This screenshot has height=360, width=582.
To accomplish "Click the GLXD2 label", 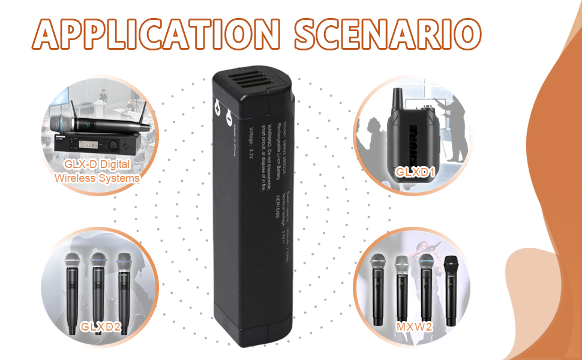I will pos(100,327).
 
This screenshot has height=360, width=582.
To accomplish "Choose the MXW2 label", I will pos(413,327).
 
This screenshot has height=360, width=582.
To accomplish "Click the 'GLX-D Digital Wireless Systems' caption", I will pos(97,170).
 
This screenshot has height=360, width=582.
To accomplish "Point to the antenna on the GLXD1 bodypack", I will pos(396,99).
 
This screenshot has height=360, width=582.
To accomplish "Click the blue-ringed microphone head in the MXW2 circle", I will pos(427,264).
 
